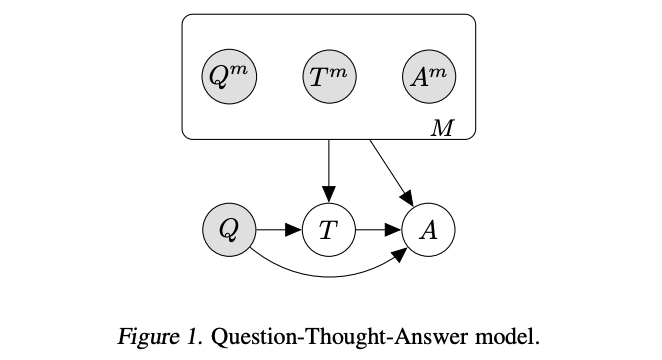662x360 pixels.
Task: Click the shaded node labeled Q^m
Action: coord(229,77)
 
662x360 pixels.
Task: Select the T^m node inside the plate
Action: coord(328,77)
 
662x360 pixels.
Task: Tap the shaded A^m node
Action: coord(428,77)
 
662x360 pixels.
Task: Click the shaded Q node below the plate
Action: coord(229,230)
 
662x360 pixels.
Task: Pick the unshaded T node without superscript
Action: coord(328,230)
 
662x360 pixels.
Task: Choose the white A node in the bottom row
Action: coord(428,230)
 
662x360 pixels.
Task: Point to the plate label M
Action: coord(441,128)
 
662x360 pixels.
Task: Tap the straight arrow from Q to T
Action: coord(277,230)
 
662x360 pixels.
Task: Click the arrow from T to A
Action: coord(377,230)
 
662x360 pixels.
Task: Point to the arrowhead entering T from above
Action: coord(328,195)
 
